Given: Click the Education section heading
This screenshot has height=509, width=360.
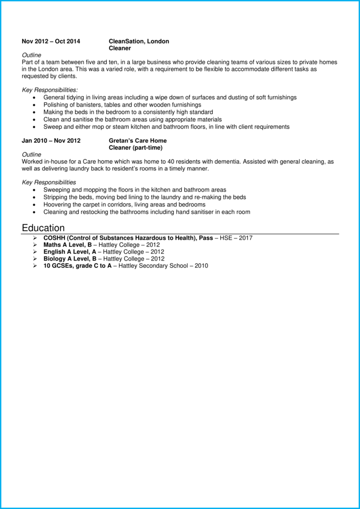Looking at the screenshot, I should point(43,228).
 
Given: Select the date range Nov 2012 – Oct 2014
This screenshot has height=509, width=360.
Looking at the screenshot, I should point(51,41).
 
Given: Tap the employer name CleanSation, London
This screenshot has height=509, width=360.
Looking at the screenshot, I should point(139,41).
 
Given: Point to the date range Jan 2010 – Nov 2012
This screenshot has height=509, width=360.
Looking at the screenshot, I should point(51,141).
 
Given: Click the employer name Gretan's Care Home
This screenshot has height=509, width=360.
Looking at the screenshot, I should point(138,141).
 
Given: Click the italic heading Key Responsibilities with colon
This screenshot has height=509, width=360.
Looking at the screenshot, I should point(50,90).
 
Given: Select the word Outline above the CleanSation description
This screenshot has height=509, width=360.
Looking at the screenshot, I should point(32,55).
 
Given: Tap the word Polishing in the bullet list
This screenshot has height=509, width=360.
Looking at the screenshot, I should point(56,105).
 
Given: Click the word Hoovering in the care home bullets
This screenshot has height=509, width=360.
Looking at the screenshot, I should point(58,204).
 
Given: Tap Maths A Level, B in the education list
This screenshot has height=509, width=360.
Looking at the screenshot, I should point(70,245).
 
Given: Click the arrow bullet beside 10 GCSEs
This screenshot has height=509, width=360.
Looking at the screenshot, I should point(35,266).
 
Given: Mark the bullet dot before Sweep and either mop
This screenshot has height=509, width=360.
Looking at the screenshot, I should point(35,127).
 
